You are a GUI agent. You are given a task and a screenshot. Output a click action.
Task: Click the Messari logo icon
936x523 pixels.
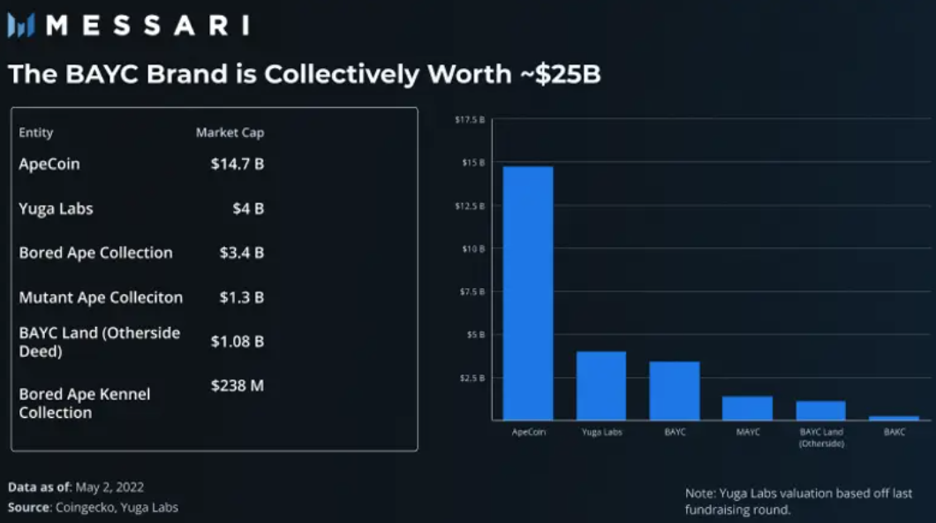pos(21,26)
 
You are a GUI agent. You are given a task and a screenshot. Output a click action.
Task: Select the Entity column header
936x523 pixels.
pos(36,133)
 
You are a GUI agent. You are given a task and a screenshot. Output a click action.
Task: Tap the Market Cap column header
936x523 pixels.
pos(230,133)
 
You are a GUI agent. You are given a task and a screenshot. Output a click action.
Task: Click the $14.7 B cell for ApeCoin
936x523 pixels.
pos(237,164)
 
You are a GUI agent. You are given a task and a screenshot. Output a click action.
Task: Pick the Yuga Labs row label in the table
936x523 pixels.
pos(56,208)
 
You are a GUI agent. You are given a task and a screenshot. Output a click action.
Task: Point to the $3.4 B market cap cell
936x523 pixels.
pos(241,253)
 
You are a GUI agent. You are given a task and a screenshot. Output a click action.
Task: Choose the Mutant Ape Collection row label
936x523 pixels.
pos(101,297)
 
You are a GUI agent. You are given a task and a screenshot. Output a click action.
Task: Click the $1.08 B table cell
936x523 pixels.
pos(237,341)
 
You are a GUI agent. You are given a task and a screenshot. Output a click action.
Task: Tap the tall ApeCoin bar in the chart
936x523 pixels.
pos(528,292)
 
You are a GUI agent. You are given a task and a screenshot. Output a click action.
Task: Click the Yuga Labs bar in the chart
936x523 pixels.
pos(601,385)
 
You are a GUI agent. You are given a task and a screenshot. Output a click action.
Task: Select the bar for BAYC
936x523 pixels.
pos(675,390)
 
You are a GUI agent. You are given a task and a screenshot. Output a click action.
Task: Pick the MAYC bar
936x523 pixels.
pos(747,408)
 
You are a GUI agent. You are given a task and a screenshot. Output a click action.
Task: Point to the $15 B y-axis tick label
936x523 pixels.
pos(475,163)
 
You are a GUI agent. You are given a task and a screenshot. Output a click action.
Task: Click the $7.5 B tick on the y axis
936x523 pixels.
pos(474,292)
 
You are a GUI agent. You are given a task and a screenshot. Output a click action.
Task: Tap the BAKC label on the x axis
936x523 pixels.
pos(894,433)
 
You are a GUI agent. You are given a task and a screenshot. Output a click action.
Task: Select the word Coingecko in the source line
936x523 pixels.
pos(83,507)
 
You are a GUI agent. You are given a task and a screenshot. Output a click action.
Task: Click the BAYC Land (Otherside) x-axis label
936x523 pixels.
pos(820,437)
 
